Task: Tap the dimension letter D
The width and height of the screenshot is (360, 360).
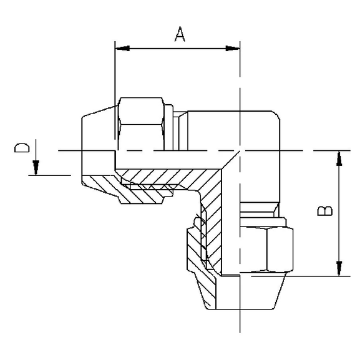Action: (x=22, y=148)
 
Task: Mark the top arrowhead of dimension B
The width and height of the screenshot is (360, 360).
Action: (x=339, y=158)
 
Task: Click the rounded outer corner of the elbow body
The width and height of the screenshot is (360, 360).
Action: (x=272, y=119)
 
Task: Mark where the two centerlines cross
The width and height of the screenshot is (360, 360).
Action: (x=240, y=150)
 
